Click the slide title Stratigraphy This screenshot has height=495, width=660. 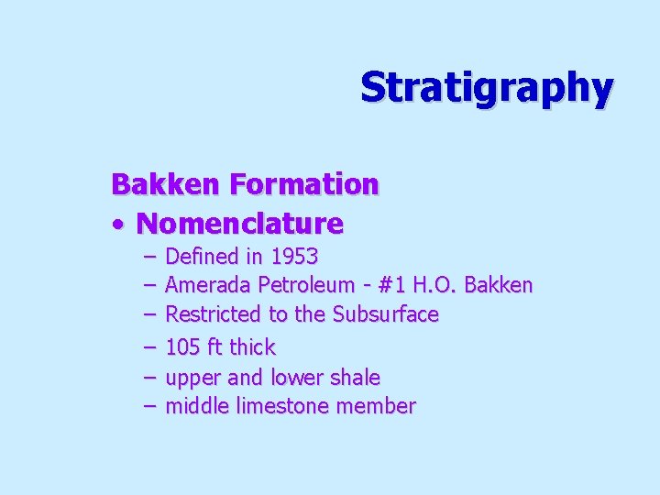tap(486, 88)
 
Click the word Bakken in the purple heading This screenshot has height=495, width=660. tap(166, 184)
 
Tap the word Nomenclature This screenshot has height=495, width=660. tap(239, 223)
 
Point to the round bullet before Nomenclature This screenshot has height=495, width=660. tap(120, 224)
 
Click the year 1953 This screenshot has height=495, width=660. tap(293, 256)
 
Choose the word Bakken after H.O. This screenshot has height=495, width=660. tap(499, 285)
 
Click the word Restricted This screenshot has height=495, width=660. tap(214, 314)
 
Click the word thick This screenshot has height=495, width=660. tap(252, 347)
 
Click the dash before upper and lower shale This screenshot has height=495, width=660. tap(149, 377)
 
